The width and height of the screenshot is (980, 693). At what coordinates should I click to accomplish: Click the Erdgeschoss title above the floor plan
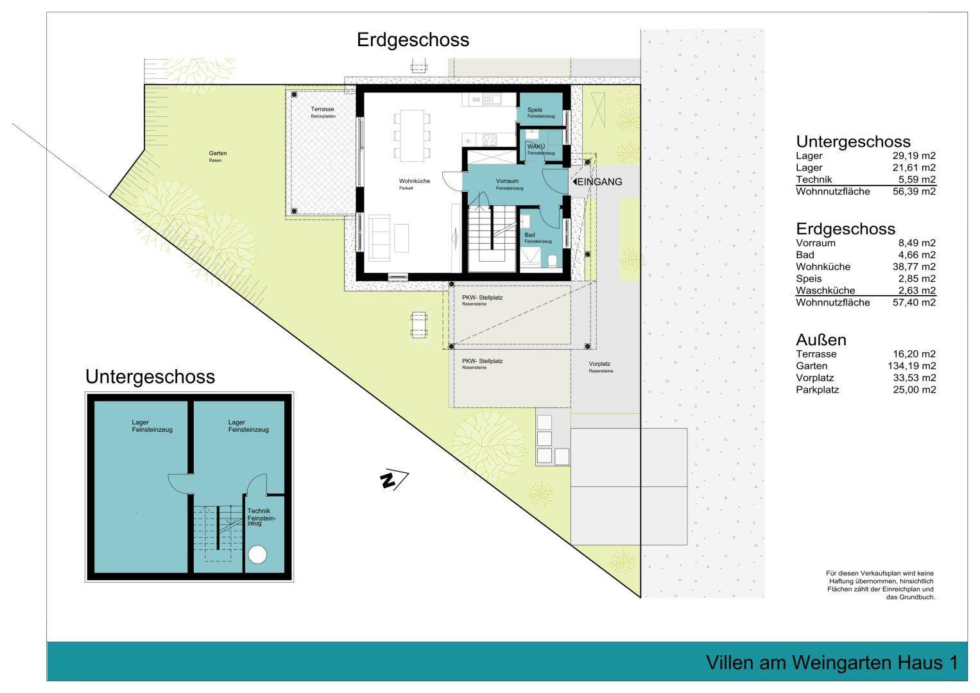click(413, 40)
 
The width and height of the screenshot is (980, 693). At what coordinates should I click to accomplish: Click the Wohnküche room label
click(414, 182)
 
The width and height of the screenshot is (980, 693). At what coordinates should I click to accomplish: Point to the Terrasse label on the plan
click(322, 110)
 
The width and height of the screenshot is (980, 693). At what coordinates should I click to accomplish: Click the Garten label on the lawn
click(218, 153)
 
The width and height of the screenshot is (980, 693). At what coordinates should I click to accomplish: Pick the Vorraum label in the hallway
click(507, 182)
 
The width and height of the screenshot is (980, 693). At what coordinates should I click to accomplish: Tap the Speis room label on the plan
click(535, 110)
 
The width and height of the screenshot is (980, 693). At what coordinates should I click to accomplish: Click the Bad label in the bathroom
click(529, 235)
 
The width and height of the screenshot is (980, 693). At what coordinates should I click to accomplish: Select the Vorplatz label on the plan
click(599, 364)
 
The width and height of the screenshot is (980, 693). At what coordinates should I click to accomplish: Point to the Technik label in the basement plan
click(259, 511)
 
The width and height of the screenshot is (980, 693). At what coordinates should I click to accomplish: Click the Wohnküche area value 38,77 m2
click(911, 266)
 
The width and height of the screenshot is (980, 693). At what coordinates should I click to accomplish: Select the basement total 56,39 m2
click(911, 191)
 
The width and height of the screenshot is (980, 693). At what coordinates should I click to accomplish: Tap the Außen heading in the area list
click(821, 339)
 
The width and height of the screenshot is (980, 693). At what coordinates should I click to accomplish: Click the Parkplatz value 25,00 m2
click(911, 389)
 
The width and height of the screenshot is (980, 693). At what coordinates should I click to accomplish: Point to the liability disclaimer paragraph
click(880, 585)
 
